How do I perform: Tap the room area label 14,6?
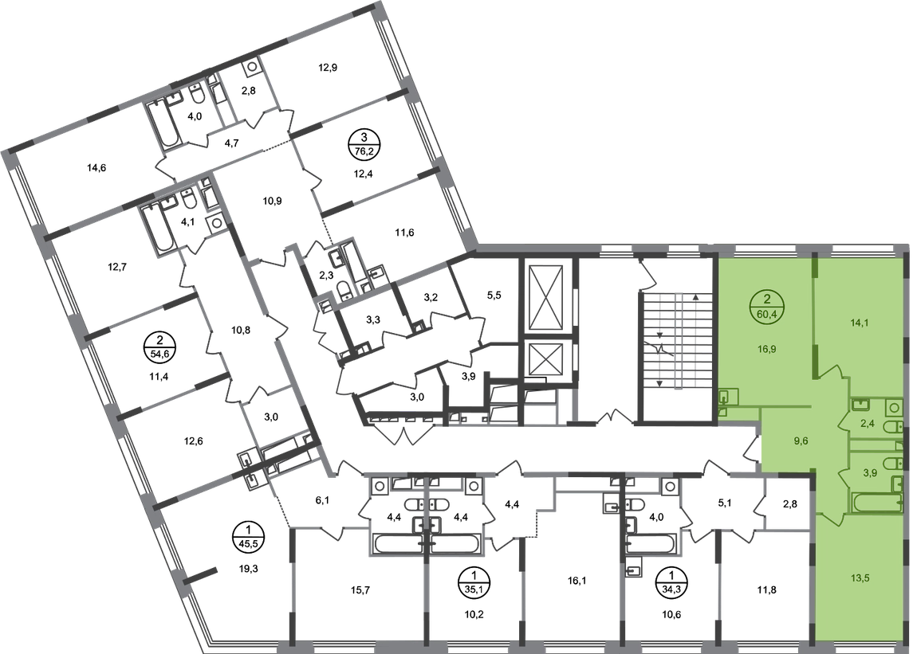pyautogui.click(x=96, y=168)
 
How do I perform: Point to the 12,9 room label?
pyautogui.click(x=328, y=67)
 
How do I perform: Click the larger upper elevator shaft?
pyautogui.click(x=545, y=298)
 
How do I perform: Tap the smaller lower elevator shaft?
pyautogui.click(x=545, y=358)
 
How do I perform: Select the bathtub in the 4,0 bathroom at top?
pyautogui.click(x=166, y=124)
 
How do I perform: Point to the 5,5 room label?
pyautogui.click(x=494, y=296)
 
